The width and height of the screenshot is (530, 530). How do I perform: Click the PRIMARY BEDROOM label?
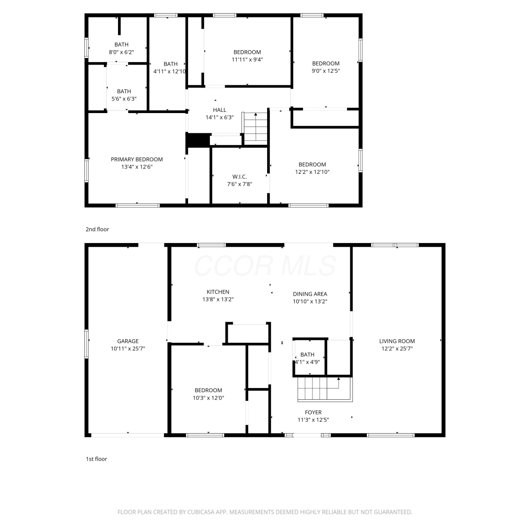point(137,159)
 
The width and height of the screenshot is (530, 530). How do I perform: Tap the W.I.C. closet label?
point(240,177)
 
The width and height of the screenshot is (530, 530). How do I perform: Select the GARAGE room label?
point(128,341)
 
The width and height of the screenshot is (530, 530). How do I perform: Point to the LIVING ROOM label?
point(397,341)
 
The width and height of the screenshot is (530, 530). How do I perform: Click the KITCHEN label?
point(218,292)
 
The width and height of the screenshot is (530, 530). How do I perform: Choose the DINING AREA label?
point(310,294)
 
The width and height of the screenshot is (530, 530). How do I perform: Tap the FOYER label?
point(313,412)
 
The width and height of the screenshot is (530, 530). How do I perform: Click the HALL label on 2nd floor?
point(219,110)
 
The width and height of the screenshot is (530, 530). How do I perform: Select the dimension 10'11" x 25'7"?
point(128,349)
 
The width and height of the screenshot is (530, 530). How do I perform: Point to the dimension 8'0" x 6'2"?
point(121,52)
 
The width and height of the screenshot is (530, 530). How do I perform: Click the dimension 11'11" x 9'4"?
point(247,60)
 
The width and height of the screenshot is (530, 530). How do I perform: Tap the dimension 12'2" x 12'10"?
point(312,172)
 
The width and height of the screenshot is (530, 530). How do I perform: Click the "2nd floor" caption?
point(97,229)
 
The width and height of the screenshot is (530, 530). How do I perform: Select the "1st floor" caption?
point(96,459)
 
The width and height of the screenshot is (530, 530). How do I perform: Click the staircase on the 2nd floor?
point(255,128)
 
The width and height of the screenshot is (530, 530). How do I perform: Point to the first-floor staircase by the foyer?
point(325,389)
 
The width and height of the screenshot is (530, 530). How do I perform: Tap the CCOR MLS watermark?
point(265,266)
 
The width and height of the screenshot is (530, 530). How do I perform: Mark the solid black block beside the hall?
point(198,140)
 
